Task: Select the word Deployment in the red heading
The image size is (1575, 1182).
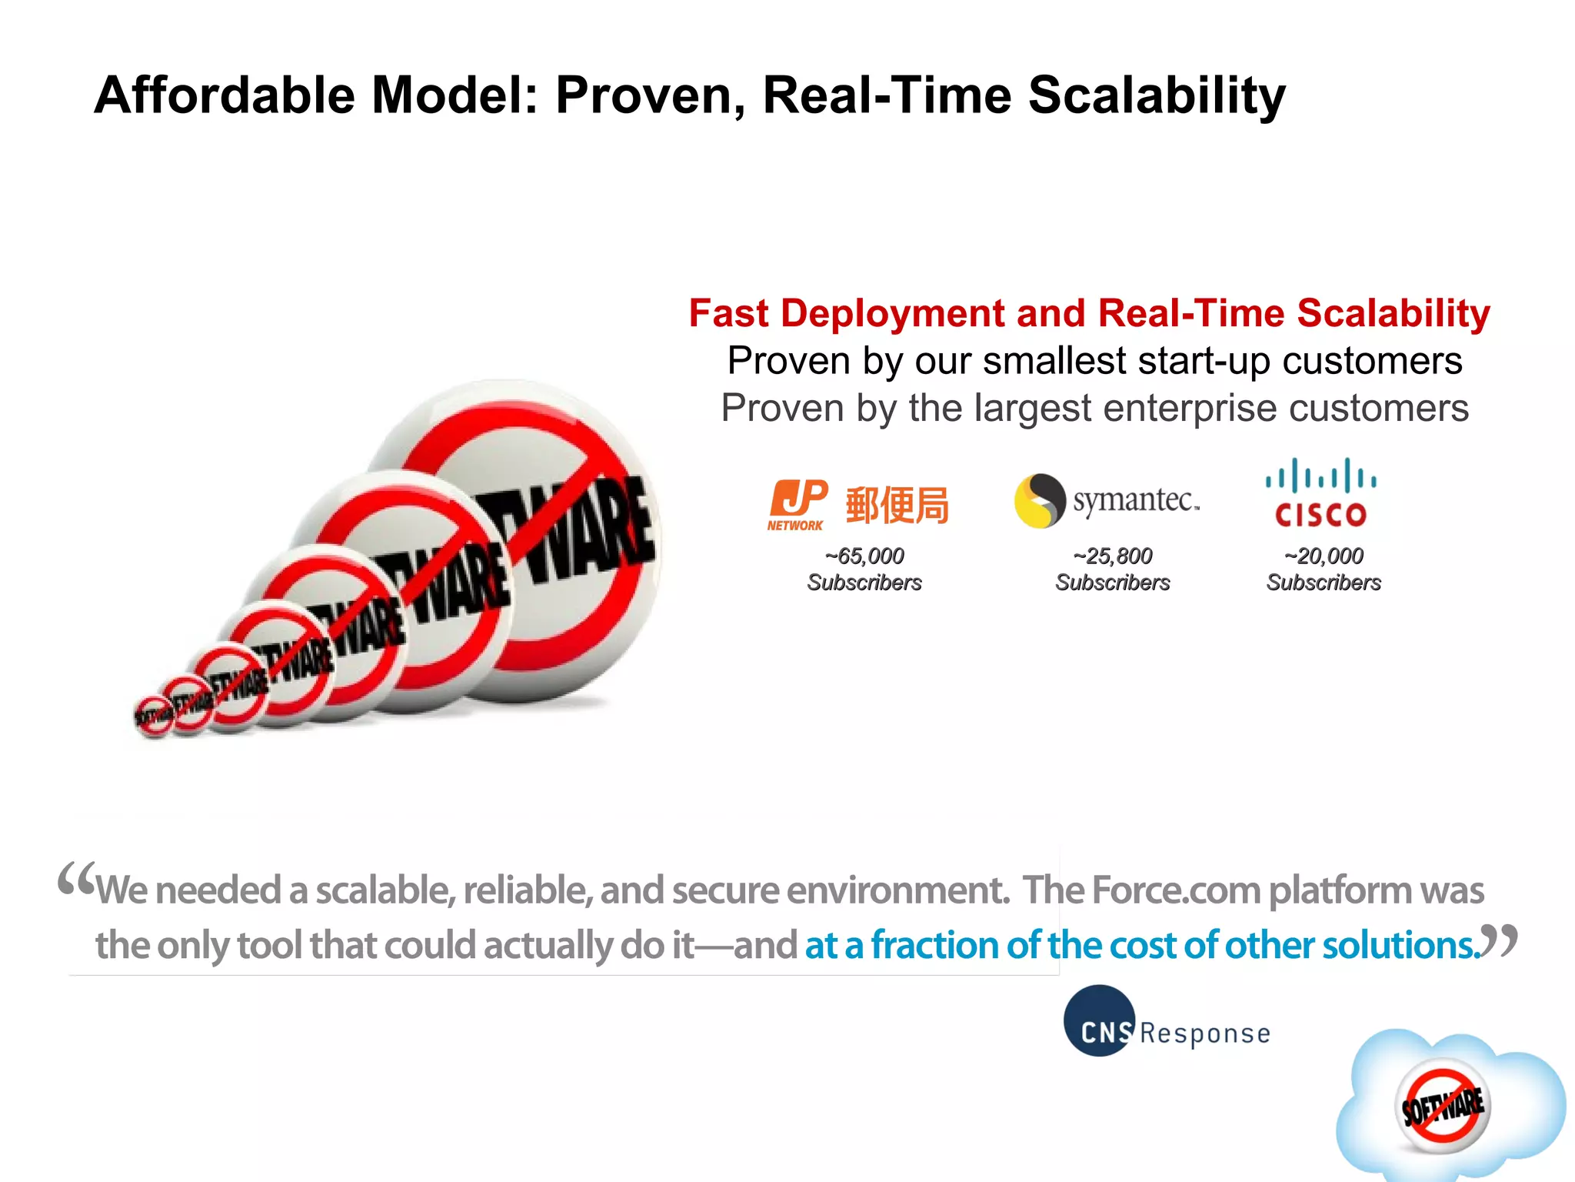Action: [x=892, y=313]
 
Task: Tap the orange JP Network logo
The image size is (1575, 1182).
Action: [x=797, y=505]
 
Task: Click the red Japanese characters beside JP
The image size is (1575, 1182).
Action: [x=897, y=506]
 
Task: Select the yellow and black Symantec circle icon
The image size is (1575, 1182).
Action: [x=1040, y=500]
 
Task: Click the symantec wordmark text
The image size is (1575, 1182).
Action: [x=1135, y=500]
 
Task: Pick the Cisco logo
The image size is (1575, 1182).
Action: [x=1320, y=493]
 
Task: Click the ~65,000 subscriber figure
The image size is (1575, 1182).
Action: [x=864, y=556]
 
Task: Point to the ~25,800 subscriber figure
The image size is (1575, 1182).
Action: [x=1113, y=556]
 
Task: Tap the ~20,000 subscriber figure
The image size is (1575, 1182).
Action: [x=1324, y=556]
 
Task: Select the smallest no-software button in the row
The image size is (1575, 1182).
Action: [x=154, y=716]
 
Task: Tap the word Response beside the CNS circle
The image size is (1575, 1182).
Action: [x=1205, y=1033]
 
